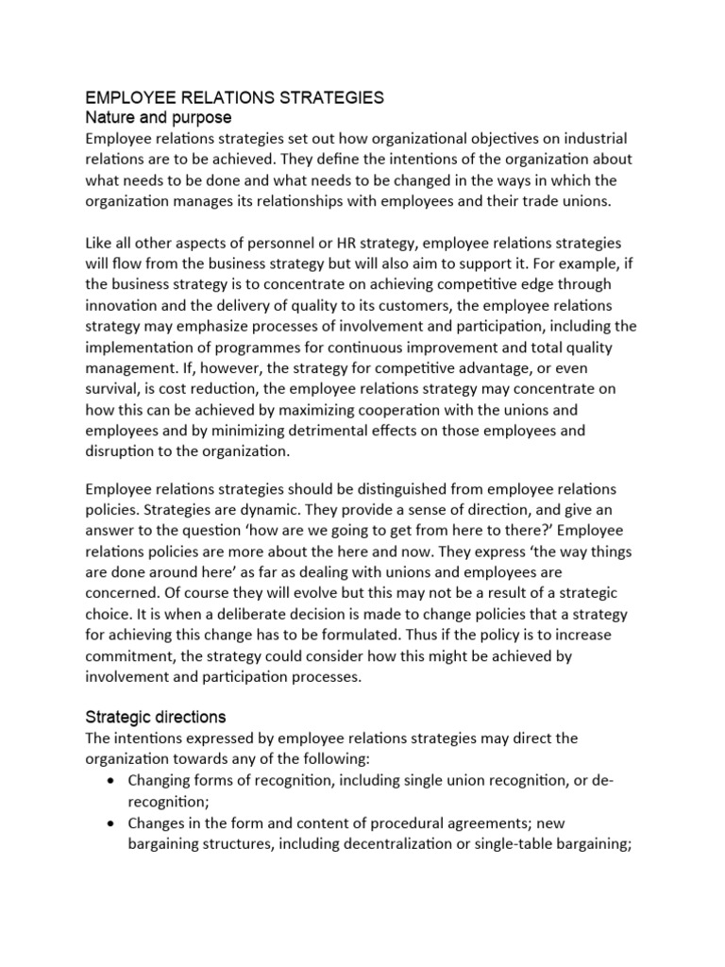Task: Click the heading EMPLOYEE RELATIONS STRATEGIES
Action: [x=235, y=97]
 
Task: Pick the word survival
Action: [x=116, y=388]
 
